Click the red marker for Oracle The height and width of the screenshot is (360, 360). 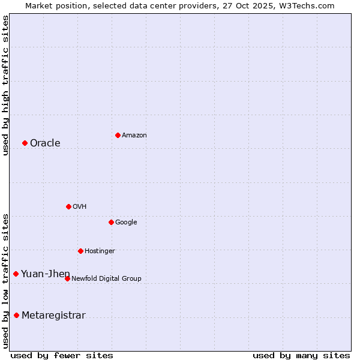point(25,143)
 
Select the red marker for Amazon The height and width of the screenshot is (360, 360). point(118,135)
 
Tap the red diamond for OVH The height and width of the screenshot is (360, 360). point(68,206)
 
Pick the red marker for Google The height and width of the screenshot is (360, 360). point(111,222)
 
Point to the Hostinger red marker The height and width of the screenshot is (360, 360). point(80,251)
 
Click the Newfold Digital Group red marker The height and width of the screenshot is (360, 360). point(67,278)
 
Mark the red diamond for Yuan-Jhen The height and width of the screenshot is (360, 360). point(16,274)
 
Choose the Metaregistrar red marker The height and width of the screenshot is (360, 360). point(16,316)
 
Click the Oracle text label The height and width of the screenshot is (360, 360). point(45,143)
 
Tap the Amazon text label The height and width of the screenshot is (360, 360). point(134,136)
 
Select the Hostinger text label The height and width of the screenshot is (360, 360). point(100,251)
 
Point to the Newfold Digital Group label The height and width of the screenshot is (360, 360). point(106,278)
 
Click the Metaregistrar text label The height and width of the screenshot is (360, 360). point(53,316)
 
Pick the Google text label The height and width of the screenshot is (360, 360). point(126,223)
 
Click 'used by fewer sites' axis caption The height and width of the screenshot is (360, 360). point(62,356)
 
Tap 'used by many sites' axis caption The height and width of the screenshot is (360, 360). point(301,356)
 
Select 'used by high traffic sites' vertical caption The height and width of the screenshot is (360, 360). point(5,85)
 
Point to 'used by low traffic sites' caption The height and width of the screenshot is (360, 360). point(5,280)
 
